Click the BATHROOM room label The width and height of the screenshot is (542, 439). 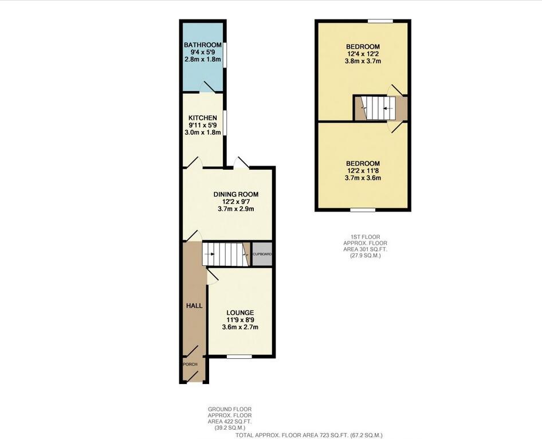(202, 45)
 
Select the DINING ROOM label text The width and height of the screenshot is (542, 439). (235, 194)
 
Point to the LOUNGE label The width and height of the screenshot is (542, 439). (239, 312)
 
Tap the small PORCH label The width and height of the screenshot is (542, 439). (190, 364)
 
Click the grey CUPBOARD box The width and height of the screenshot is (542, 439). (262, 254)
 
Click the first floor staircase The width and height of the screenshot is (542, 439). (377, 108)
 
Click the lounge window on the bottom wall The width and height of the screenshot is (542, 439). (239, 356)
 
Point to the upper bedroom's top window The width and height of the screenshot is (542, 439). (380, 21)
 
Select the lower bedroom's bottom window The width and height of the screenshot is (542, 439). (362, 210)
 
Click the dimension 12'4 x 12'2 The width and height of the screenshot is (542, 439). (362, 54)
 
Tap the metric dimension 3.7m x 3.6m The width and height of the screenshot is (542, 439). (362, 178)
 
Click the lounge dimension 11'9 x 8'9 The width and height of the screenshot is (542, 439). (239, 320)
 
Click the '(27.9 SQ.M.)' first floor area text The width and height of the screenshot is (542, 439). (365, 256)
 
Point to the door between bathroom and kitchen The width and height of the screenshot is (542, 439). (206, 89)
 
